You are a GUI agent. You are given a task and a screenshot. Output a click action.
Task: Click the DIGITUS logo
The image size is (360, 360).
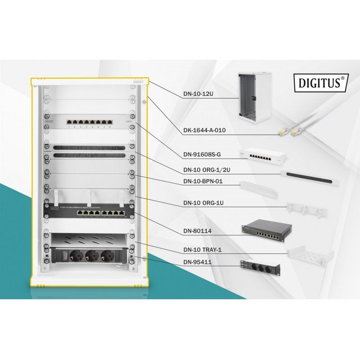tap(320, 84)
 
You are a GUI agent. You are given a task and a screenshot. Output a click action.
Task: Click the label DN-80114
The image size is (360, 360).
tap(198, 232)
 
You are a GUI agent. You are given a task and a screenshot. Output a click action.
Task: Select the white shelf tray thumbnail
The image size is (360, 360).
tap(310, 253)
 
